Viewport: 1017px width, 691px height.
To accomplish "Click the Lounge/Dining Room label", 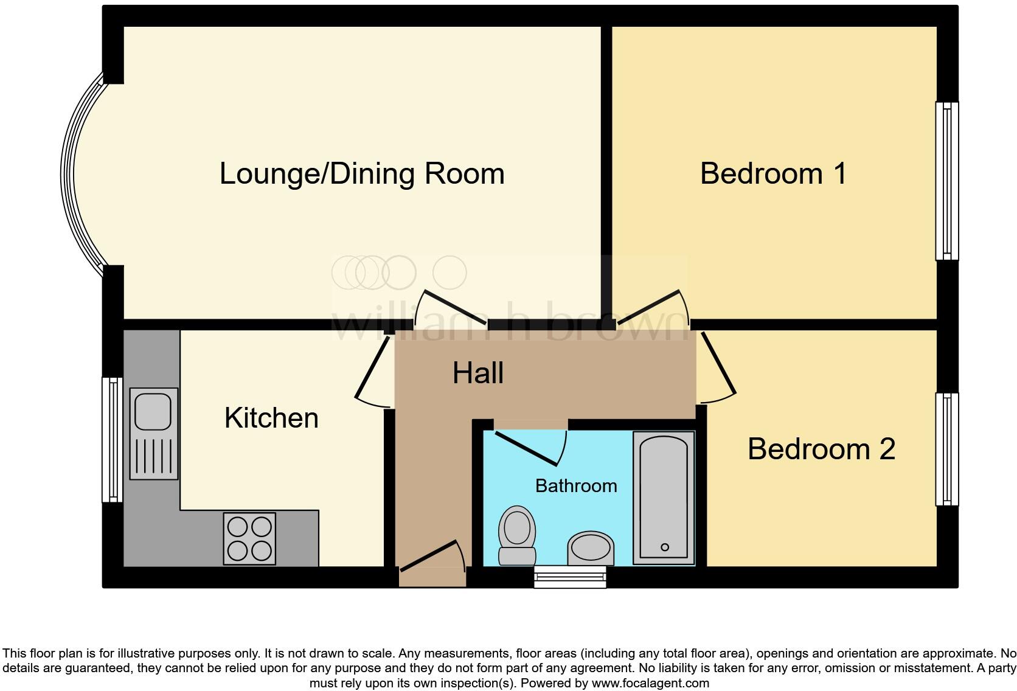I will [362, 174].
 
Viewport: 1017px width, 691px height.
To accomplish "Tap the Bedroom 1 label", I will [773, 174].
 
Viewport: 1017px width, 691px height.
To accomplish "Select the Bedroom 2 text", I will [821, 450].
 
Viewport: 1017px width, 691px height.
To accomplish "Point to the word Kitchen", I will [271, 418].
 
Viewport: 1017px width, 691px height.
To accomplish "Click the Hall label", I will [478, 373].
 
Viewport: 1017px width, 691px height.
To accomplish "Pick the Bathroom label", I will [576, 486].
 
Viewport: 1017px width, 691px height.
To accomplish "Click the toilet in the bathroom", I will [517, 535].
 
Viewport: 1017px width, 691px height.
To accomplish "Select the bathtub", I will [664, 498].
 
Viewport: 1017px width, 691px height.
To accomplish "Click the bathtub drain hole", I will [665, 547].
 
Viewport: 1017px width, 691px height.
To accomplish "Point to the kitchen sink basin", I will [153, 411].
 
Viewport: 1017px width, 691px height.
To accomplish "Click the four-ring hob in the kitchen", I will [249, 538].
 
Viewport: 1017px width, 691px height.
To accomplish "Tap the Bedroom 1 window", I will [946, 181].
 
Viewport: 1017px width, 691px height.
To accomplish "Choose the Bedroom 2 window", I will [946, 449].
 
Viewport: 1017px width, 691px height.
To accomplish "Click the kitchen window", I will [113, 439].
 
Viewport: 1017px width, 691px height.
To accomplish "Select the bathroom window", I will [570, 576].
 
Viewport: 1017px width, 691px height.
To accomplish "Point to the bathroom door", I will [531, 447].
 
